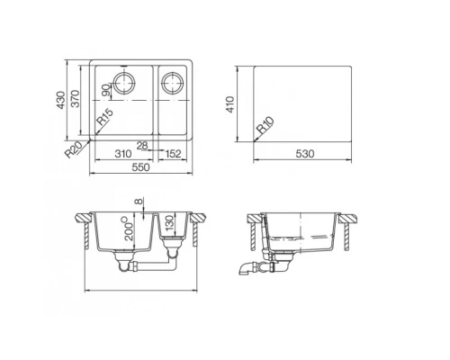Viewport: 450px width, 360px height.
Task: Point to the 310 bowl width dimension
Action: pyautogui.click(x=124, y=154)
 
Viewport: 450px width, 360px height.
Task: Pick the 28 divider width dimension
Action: pyautogui.click(x=141, y=144)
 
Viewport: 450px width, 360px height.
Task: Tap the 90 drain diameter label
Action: pyautogui.click(x=106, y=88)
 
